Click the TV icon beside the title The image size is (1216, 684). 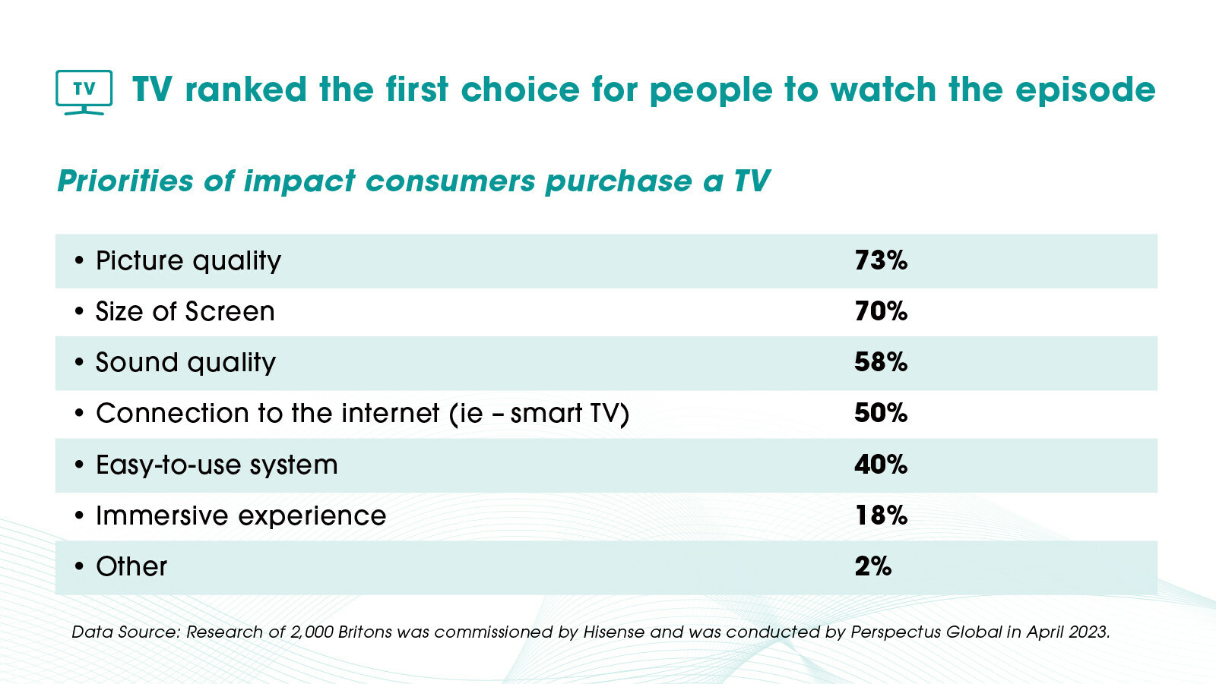click(84, 91)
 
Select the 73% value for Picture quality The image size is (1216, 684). click(880, 260)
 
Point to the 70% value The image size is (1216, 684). click(880, 311)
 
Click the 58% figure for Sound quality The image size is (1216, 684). click(880, 362)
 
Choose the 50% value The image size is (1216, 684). click(880, 413)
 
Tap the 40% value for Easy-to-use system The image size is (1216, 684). click(880, 465)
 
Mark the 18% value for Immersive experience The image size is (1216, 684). click(880, 515)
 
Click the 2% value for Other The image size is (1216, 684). click(872, 566)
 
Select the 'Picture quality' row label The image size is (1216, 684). click(188, 261)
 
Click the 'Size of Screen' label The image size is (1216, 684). click(185, 312)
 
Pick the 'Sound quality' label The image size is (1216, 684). click(185, 363)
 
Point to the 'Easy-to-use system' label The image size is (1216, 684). click(217, 465)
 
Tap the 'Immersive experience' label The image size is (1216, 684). click(241, 516)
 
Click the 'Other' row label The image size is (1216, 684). click(131, 567)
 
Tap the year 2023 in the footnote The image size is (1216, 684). click(1088, 632)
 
